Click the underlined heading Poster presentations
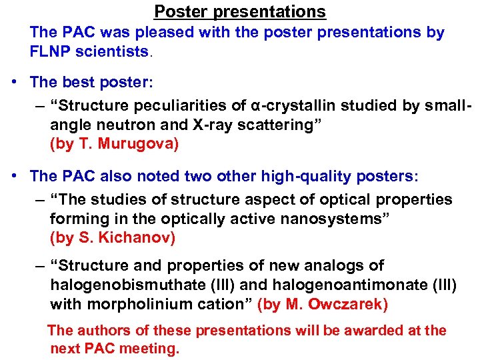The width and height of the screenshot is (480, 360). pyautogui.click(x=240, y=11)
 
